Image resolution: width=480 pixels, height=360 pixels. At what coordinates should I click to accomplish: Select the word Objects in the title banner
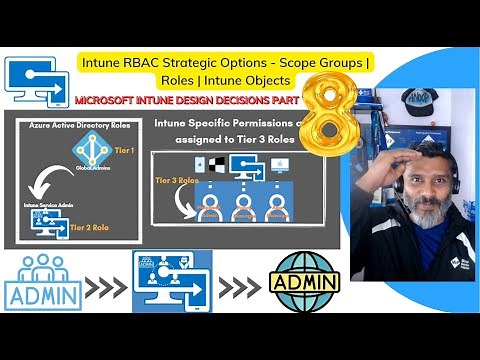tap(263, 79)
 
